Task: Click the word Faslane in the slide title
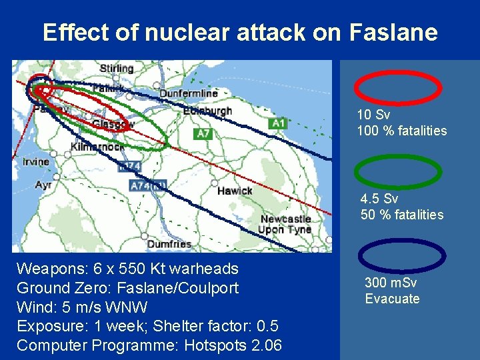[393, 32]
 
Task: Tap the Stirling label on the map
[116, 69]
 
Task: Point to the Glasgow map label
[113, 124]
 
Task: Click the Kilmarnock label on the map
[96, 146]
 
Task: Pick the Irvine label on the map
[35, 161]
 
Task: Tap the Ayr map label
[43, 184]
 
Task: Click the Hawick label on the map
[235, 191]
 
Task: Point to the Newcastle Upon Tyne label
[285, 224]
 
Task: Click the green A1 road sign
[278, 123]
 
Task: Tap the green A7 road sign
[203, 134]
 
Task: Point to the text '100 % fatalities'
[402, 131]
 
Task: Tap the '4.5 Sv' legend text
[379, 199]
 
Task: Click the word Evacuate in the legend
[392, 299]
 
